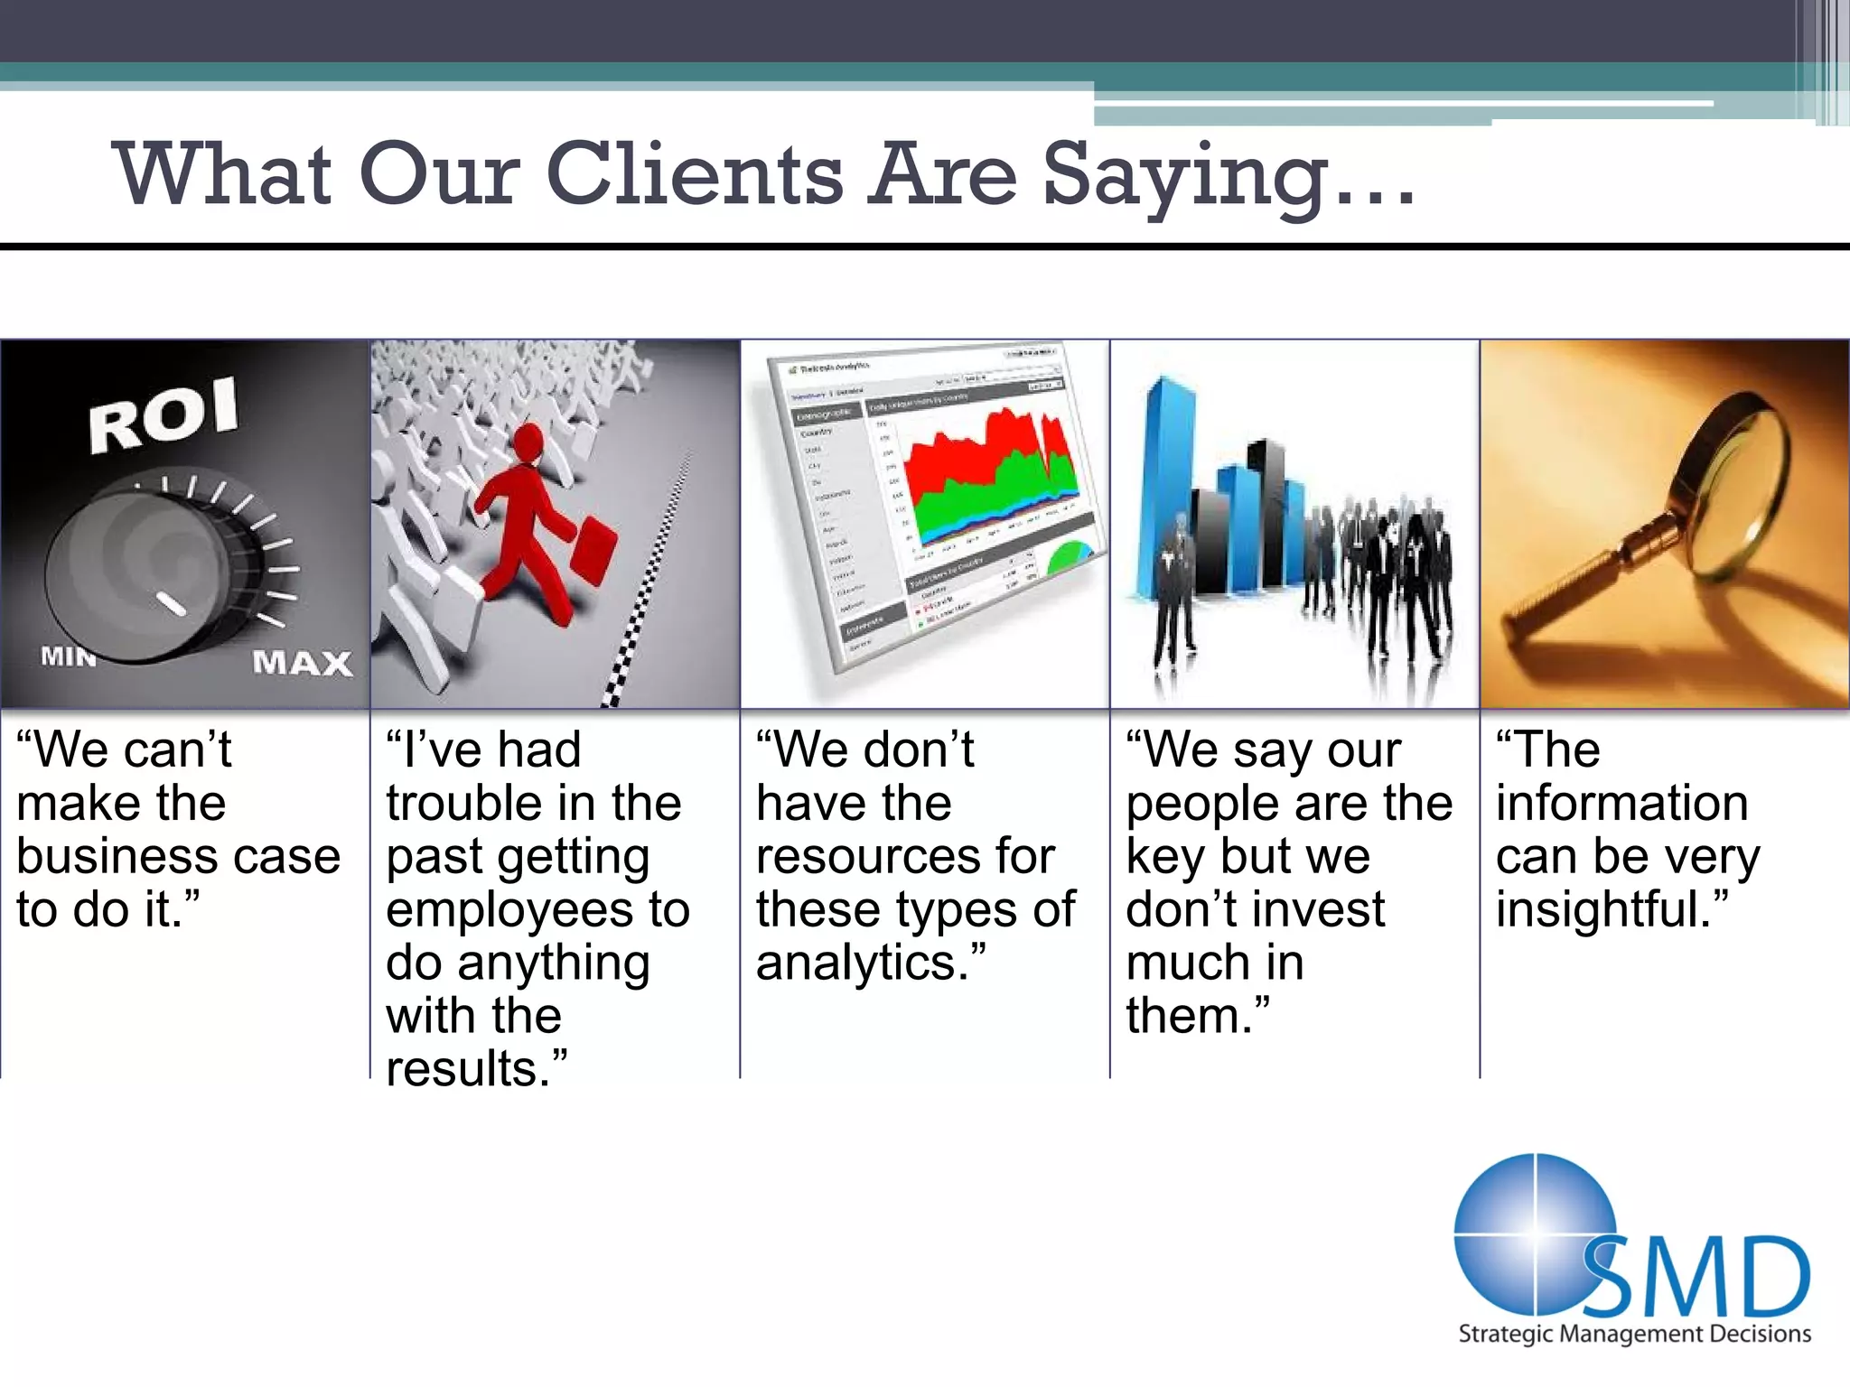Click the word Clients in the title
click(x=694, y=173)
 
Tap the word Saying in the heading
click(x=1185, y=176)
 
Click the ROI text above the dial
click(x=164, y=414)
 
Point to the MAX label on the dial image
click(x=302, y=663)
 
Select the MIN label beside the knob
click(x=69, y=656)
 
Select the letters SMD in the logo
click(x=1698, y=1278)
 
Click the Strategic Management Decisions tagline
click(x=1635, y=1334)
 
